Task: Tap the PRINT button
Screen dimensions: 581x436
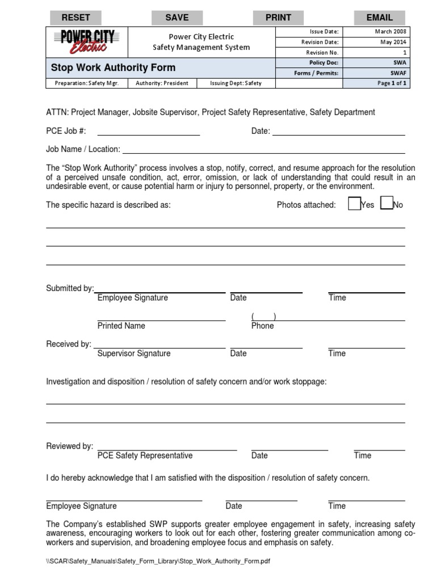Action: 278,18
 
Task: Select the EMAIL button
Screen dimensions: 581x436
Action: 379,18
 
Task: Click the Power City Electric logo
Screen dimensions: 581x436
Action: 87,41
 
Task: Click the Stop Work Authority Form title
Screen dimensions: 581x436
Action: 113,68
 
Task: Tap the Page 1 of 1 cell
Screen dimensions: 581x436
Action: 392,83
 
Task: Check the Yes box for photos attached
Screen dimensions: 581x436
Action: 354,204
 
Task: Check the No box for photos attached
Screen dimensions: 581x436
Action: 387,204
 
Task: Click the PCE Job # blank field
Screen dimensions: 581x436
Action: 149,132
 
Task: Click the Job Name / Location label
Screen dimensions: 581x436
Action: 83,149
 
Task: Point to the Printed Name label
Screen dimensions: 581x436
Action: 121,326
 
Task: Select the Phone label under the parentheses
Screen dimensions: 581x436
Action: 262,326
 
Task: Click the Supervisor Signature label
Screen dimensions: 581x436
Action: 133,353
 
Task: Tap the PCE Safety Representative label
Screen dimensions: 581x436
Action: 145,455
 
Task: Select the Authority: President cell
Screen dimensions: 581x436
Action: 162,83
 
